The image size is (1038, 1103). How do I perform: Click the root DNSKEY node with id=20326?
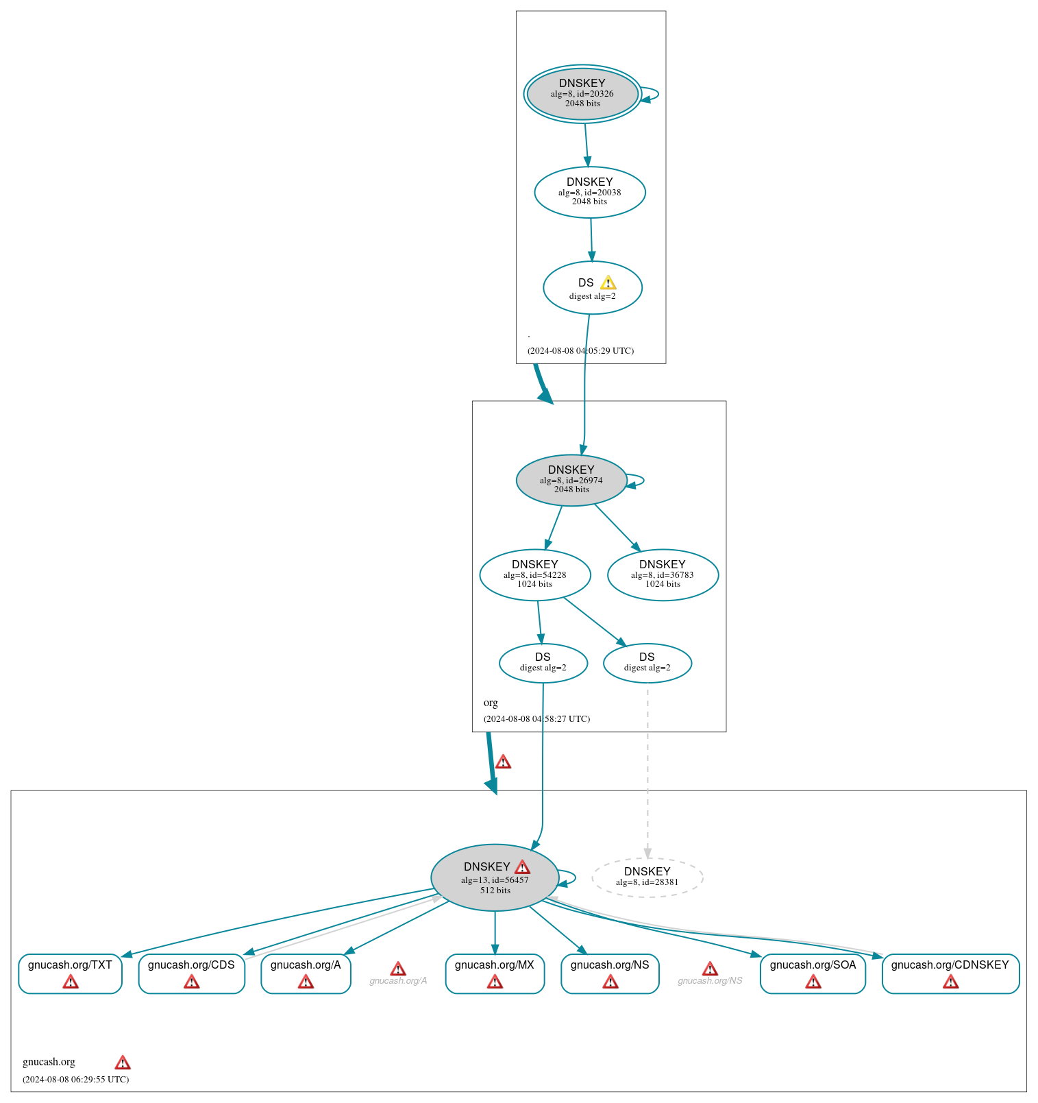[x=582, y=94]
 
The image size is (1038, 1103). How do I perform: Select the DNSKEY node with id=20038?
[x=589, y=192]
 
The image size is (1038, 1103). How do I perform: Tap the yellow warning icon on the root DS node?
[x=608, y=283]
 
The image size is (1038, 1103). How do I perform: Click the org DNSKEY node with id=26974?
[x=571, y=480]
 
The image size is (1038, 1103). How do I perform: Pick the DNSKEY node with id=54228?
[x=534, y=574]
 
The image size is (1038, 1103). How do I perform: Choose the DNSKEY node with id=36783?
[x=663, y=574]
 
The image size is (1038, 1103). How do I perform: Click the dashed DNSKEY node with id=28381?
[x=647, y=877]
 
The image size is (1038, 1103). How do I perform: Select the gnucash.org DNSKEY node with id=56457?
[x=494, y=877]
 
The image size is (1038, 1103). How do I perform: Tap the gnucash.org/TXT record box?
[x=70, y=973]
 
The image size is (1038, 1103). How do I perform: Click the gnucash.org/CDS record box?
[x=191, y=973]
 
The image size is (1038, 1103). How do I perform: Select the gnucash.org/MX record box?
[x=494, y=973]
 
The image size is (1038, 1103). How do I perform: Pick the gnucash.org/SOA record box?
[x=813, y=973]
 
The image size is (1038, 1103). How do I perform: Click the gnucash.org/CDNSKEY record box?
[x=950, y=973]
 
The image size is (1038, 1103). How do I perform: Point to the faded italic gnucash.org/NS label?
[x=710, y=981]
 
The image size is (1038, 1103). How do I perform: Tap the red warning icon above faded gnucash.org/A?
[x=398, y=969]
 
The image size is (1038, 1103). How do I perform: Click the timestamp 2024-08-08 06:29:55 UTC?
[x=76, y=1079]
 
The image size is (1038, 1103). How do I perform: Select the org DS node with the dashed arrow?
[x=647, y=662]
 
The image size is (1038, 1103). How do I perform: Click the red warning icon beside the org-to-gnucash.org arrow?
[x=503, y=762]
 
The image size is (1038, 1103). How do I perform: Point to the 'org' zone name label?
[x=491, y=703]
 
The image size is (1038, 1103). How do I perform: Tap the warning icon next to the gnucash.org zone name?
[x=123, y=1063]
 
